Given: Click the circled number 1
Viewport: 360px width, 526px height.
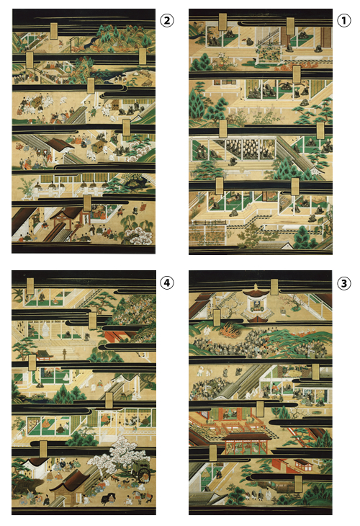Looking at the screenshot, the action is [343, 20].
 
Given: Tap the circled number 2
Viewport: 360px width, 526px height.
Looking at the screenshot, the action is [166, 20].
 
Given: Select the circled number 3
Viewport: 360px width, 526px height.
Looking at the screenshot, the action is [343, 283].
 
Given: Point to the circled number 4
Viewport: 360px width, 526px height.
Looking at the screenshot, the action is [166, 282].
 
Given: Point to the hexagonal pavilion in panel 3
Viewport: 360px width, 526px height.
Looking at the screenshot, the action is [256, 303].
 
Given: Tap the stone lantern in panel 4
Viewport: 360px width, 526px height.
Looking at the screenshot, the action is [64, 353].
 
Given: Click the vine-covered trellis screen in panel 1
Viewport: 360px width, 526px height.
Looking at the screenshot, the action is [268, 55].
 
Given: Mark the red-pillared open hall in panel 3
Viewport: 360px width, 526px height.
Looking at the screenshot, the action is [248, 443].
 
